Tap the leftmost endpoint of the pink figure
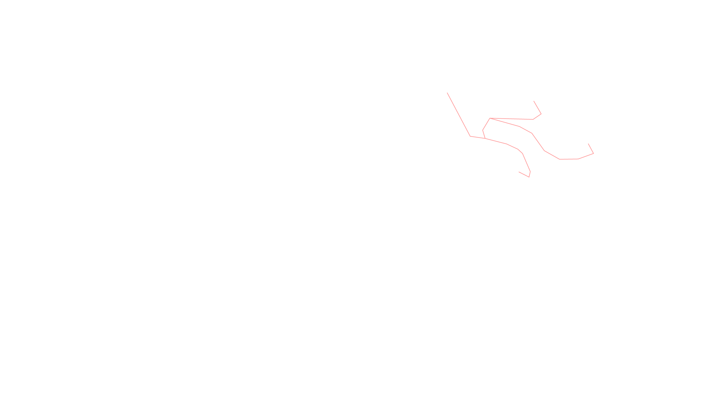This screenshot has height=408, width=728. pyautogui.click(x=447, y=93)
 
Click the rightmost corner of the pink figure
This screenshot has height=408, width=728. pyautogui.click(x=593, y=154)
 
